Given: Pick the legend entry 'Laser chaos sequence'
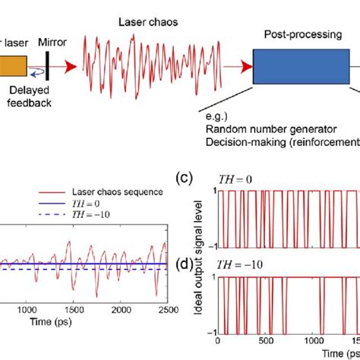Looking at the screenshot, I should pos(102,191).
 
